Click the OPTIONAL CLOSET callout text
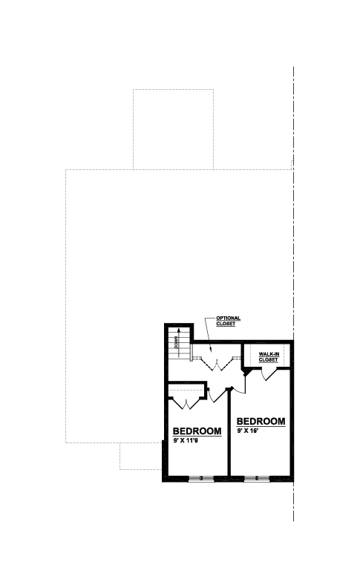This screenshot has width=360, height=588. (228, 321)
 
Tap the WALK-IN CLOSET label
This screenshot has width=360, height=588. (269, 357)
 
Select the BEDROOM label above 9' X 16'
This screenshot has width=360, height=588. (261, 421)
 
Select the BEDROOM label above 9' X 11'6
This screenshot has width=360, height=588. (197, 431)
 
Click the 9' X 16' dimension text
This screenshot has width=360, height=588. (248, 431)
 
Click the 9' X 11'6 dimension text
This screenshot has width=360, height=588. (186, 440)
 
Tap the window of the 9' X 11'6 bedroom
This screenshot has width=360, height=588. (201, 479)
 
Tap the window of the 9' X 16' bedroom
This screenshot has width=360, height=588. (257, 479)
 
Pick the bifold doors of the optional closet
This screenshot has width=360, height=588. (217, 364)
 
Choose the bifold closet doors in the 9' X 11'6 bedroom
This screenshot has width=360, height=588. (186, 403)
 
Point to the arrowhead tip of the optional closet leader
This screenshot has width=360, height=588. (211, 353)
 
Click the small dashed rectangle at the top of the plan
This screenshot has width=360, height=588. (173, 129)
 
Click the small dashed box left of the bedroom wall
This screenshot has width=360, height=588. (141, 456)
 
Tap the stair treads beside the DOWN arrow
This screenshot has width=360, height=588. (179, 343)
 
